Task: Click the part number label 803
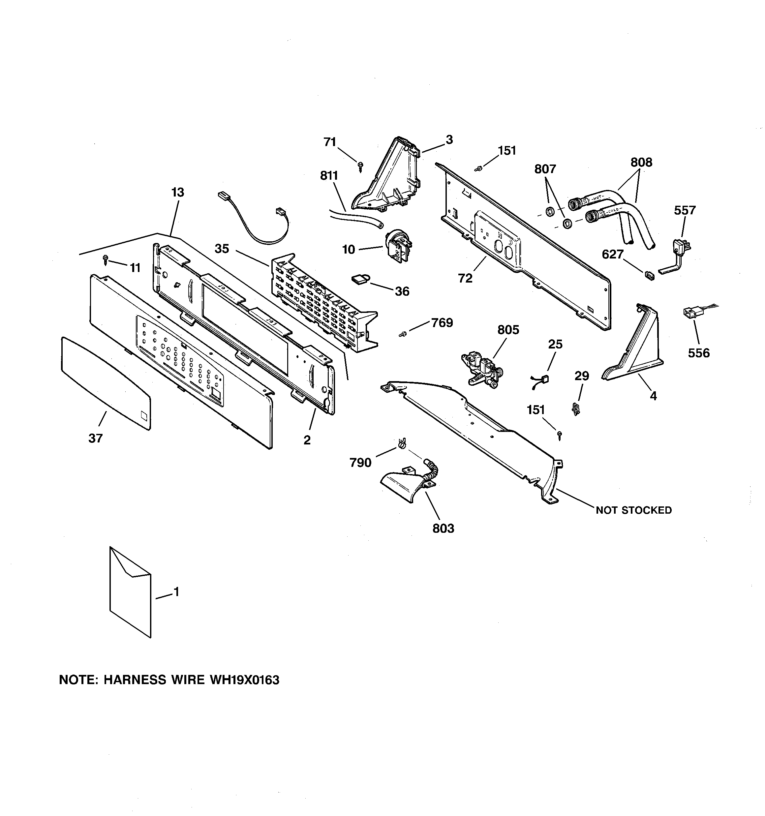(x=443, y=528)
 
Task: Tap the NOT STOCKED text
(x=634, y=510)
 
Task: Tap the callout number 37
(x=95, y=438)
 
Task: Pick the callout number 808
(x=641, y=162)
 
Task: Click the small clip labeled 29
(x=576, y=408)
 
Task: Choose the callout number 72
(x=465, y=278)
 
